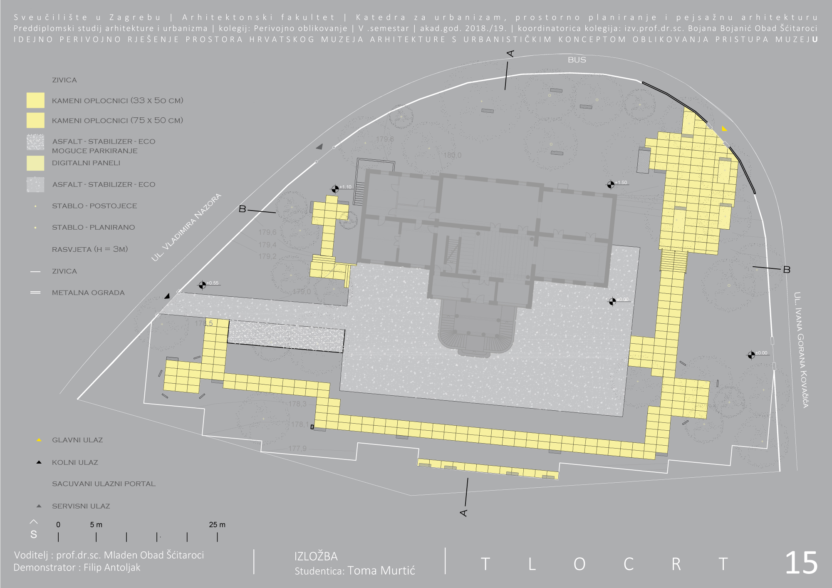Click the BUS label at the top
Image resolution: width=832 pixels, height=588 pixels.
[577, 60]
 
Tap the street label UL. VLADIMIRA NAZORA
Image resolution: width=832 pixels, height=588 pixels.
[186, 228]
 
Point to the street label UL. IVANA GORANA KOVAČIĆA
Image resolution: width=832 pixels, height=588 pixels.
[801, 350]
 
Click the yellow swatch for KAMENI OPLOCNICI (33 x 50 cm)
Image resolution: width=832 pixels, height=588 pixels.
[35, 100]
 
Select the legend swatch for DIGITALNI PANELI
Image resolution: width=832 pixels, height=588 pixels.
[35, 163]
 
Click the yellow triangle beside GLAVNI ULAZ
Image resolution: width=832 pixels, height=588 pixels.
[39, 440]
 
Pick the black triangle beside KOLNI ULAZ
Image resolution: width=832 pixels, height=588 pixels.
[39, 462]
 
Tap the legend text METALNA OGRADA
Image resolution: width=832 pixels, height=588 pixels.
[88, 293]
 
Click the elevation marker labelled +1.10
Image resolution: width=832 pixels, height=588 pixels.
[335, 189]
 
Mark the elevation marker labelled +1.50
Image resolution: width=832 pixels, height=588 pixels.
[611, 185]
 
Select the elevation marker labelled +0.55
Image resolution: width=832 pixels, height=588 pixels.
[202, 285]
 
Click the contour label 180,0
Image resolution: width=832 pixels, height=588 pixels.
[452, 156]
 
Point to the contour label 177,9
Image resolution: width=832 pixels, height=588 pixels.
[297, 449]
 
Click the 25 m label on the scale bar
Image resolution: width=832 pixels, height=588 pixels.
[217, 525]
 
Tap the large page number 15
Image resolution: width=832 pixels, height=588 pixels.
[801, 563]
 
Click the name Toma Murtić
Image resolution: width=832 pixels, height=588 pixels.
[381, 571]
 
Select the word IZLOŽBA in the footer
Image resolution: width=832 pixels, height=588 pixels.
[316, 556]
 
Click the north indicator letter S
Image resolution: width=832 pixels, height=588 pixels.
[34, 535]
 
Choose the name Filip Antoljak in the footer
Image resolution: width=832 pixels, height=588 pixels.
[112, 568]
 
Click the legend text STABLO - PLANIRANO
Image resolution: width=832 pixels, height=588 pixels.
[93, 228]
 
